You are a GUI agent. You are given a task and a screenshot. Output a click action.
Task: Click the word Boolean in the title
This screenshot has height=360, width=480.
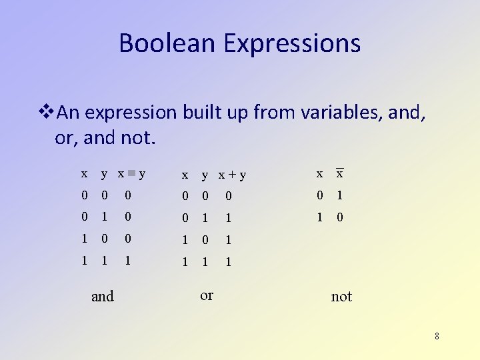tap(168, 43)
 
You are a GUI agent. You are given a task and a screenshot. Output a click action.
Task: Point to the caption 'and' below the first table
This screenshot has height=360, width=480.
tap(103, 296)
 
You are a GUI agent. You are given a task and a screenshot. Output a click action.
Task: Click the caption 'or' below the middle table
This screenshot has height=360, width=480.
tap(207, 295)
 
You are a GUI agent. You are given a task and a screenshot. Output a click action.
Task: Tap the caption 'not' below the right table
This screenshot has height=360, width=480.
tap(341, 297)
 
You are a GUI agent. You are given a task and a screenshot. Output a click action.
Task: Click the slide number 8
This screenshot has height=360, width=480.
tap(437, 336)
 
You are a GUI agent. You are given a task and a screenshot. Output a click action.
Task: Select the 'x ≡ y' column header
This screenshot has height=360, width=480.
tap(131, 174)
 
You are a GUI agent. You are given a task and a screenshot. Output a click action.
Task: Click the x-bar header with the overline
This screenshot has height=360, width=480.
tap(339, 173)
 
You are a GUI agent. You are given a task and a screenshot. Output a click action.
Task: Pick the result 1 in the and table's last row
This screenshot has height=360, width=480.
tap(128, 262)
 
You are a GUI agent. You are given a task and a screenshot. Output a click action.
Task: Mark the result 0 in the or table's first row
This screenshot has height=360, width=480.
tap(228, 196)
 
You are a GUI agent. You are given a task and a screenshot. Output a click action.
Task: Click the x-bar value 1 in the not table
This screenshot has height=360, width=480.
tap(340, 195)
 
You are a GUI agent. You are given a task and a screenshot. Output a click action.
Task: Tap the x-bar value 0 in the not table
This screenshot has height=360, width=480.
tap(340, 217)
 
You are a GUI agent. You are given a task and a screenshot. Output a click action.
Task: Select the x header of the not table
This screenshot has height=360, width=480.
tap(319, 174)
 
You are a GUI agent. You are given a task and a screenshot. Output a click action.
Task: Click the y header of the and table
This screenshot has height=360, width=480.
tap(104, 175)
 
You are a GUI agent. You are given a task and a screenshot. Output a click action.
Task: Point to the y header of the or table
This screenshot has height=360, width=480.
tap(205, 176)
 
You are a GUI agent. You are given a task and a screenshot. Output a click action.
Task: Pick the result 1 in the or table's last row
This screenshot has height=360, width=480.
tap(228, 263)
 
